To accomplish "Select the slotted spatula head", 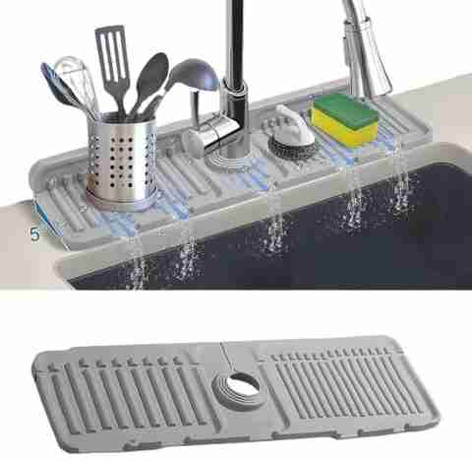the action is (111, 52).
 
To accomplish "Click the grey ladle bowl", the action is (196, 75).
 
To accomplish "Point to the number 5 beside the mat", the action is (34, 233).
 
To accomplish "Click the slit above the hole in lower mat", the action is (227, 359).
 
